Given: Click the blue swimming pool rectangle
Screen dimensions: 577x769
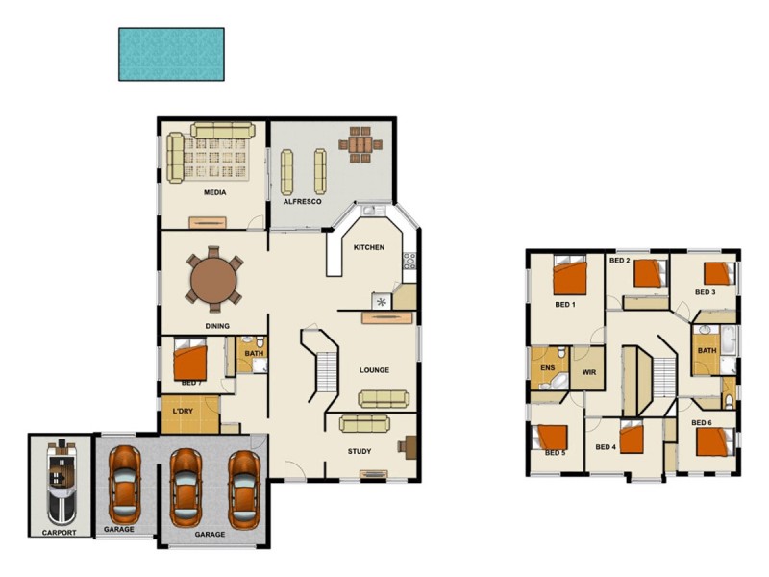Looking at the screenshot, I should [x=171, y=53].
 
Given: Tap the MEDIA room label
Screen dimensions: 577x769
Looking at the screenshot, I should [x=214, y=192].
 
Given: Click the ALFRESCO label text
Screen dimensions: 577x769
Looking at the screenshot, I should [x=301, y=203].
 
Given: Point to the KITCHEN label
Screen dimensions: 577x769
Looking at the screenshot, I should [x=369, y=247].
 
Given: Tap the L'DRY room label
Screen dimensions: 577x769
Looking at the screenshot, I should [x=183, y=413].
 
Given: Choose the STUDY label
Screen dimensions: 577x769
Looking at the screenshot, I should [x=359, y=451].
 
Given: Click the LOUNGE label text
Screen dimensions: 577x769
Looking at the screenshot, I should [x=374, y=369].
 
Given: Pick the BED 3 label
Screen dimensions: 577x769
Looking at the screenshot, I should [x=705, y=292].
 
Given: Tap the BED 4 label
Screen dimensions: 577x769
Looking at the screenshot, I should [x=605, y=447].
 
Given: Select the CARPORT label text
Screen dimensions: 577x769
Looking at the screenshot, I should [x=59, y=531].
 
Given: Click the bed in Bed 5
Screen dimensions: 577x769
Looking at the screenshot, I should [x=553, y=436].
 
